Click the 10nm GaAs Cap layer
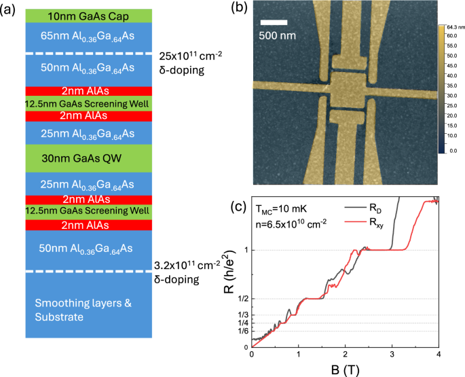pyautogui.click(x=89, y=16)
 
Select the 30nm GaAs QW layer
pyautogui.click(x=89, y=158)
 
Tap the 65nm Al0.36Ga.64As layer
pyautogui.click(x=89, y=38)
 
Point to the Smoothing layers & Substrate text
pyautogui.click(x=83, y=310)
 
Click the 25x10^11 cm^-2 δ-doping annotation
pyautogui.click(x=190, y=63)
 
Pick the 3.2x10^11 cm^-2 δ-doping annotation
pyautogui.click(x=187, y=272)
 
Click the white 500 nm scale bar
pyautogui.click(x=274, y=22)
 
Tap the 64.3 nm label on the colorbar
pyautogui.click(x=455, y=27)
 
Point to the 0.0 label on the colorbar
pyautogui.click(x=453, y=151)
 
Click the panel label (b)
pyautogui.click(x=239, y=7)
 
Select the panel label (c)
pyautogui.click(x=238, y=207)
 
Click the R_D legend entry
pyautogui.click(x=363, y=208)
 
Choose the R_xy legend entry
pyautogui.click(x=364, y=222)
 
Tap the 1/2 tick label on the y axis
pyautogui.click(x=243, y=299)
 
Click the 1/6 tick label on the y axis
pyautogui.click(x=243, y=331)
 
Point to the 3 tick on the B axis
pyautogui.click(x=392, y=354)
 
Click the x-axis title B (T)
pyautogui.click(x=345, y=370)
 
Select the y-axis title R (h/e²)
pyautogui.click(x=230, y=272)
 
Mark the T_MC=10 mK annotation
pyautogui.click(x=281, y=209)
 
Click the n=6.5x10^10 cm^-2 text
pyautogui.click(x=291, y=224)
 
